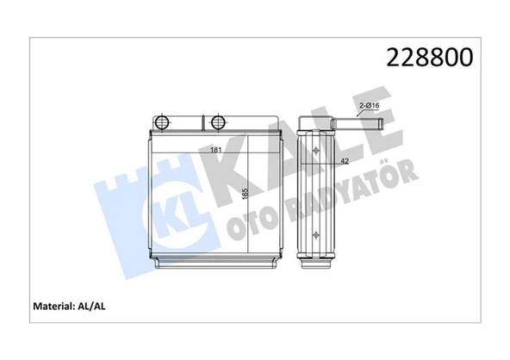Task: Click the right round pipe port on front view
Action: pos(217,121)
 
